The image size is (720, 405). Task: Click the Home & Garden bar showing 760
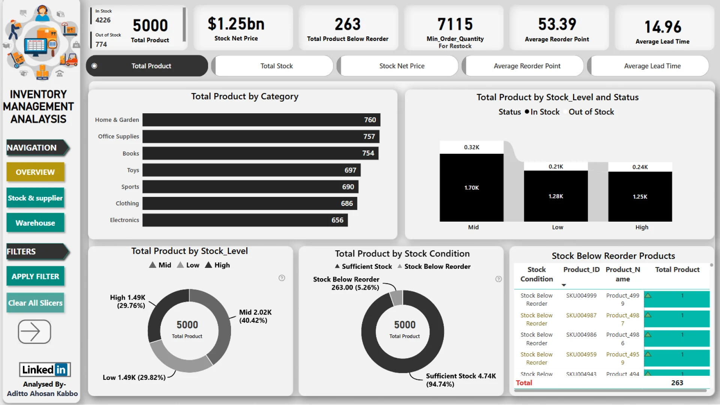coord(261,120)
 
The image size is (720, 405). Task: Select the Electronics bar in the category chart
coord(245,220)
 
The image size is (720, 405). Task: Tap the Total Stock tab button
coord(276,66)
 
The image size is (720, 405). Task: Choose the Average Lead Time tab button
coord(652,66)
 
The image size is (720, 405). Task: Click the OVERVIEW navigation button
coord(35,172)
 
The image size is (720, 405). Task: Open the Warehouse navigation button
coord(35,223)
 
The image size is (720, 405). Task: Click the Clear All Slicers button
coord(35,303)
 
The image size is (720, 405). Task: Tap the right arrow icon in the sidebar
coord(34,331)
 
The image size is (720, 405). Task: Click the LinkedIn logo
coord(45,370)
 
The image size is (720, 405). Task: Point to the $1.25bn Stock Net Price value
coord(236,24)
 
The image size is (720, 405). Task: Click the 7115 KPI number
coord(455,24)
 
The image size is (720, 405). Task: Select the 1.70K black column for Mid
coord(471,187)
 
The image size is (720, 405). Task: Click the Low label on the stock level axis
coord(557,227)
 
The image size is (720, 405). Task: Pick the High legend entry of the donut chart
coord(217,265)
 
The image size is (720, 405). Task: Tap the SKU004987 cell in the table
coord(581,315)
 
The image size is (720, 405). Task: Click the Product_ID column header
coord(581,270)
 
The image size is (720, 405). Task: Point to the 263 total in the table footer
coord(677,383)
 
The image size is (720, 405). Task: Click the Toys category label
coord(133,170)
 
